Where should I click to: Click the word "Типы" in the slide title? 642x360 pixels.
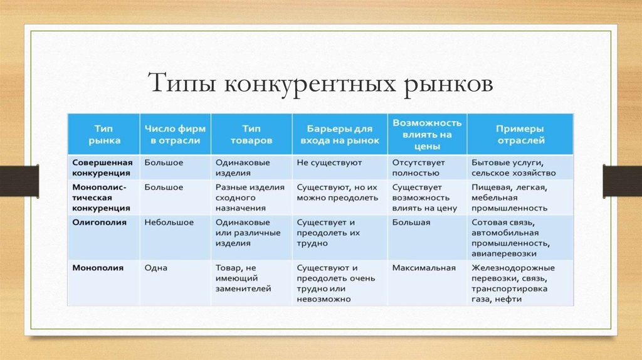click(x=182, y=83)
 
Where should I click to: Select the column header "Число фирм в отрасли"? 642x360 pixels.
click(x=176, y=134)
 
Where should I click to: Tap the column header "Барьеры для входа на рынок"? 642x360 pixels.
click(x=340, y=134)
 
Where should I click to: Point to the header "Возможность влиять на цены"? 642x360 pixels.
click(x=427, y=134)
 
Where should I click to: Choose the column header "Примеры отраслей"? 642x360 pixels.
click(x=520, y=134)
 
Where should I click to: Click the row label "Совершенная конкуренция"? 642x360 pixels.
click(x=102, y=167)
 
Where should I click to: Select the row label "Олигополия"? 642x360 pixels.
click(x=100, y=223)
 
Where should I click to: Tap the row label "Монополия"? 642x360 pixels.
click(x=98, y=268)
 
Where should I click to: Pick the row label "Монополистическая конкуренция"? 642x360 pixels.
click(x=101, y=198)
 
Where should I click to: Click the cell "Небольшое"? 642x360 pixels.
click(x=169, y=223)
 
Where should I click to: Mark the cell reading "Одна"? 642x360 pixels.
click(x=156, y=268)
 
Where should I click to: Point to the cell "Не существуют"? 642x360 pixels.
click(x=329, y=162)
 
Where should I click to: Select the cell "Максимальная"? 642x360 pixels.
click(x=424, y=268)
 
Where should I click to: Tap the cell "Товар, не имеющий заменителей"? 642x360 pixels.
click(x=243, y=278)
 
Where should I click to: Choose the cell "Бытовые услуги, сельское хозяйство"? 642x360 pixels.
click(x=513, y=167)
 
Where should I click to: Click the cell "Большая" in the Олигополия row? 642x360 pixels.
click(x=411, y=223)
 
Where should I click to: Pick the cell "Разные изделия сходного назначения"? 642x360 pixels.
click(x=250, y=198)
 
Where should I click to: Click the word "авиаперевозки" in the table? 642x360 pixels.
click(x=504, y=254)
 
